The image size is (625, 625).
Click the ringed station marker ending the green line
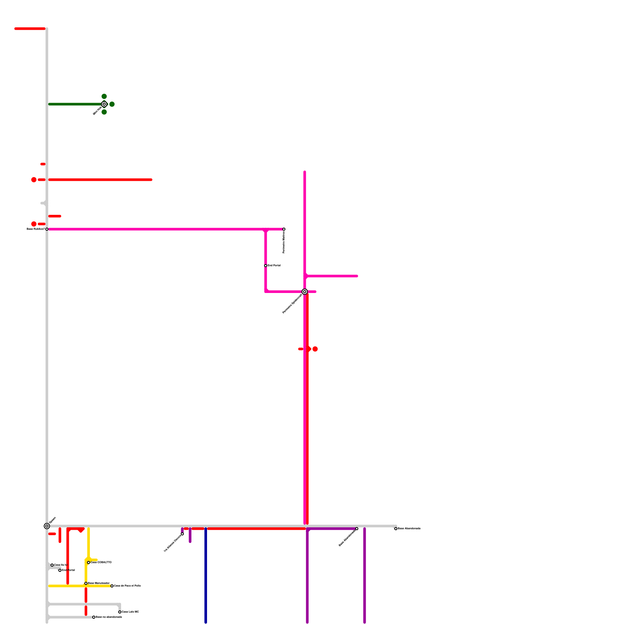coord(104,104)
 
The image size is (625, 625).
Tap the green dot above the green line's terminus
coord(104,96)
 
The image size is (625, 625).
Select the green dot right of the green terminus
coord(112,104)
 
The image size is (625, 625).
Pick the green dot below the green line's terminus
coord(104,112)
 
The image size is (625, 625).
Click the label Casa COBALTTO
coord(101,562)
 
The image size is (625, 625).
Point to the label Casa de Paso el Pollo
coord(127,586)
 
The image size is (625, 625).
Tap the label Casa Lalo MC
coord(130,612)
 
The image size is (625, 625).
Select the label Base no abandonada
coord(109,617)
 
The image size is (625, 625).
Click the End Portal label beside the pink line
coord(274,266)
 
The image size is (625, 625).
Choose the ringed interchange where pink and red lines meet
coord(305,292)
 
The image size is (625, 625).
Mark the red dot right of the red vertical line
coord(315,349)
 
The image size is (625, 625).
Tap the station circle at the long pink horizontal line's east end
coord(284,229)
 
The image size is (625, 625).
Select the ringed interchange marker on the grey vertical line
coord(47,526)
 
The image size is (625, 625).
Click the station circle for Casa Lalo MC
coord(120,612)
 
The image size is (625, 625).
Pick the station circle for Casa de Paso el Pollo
coord(112,586)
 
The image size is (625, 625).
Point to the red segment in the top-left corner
coord(30,29)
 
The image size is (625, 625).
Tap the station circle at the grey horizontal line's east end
coord(396,529)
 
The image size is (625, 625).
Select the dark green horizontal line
coord(74,104)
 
